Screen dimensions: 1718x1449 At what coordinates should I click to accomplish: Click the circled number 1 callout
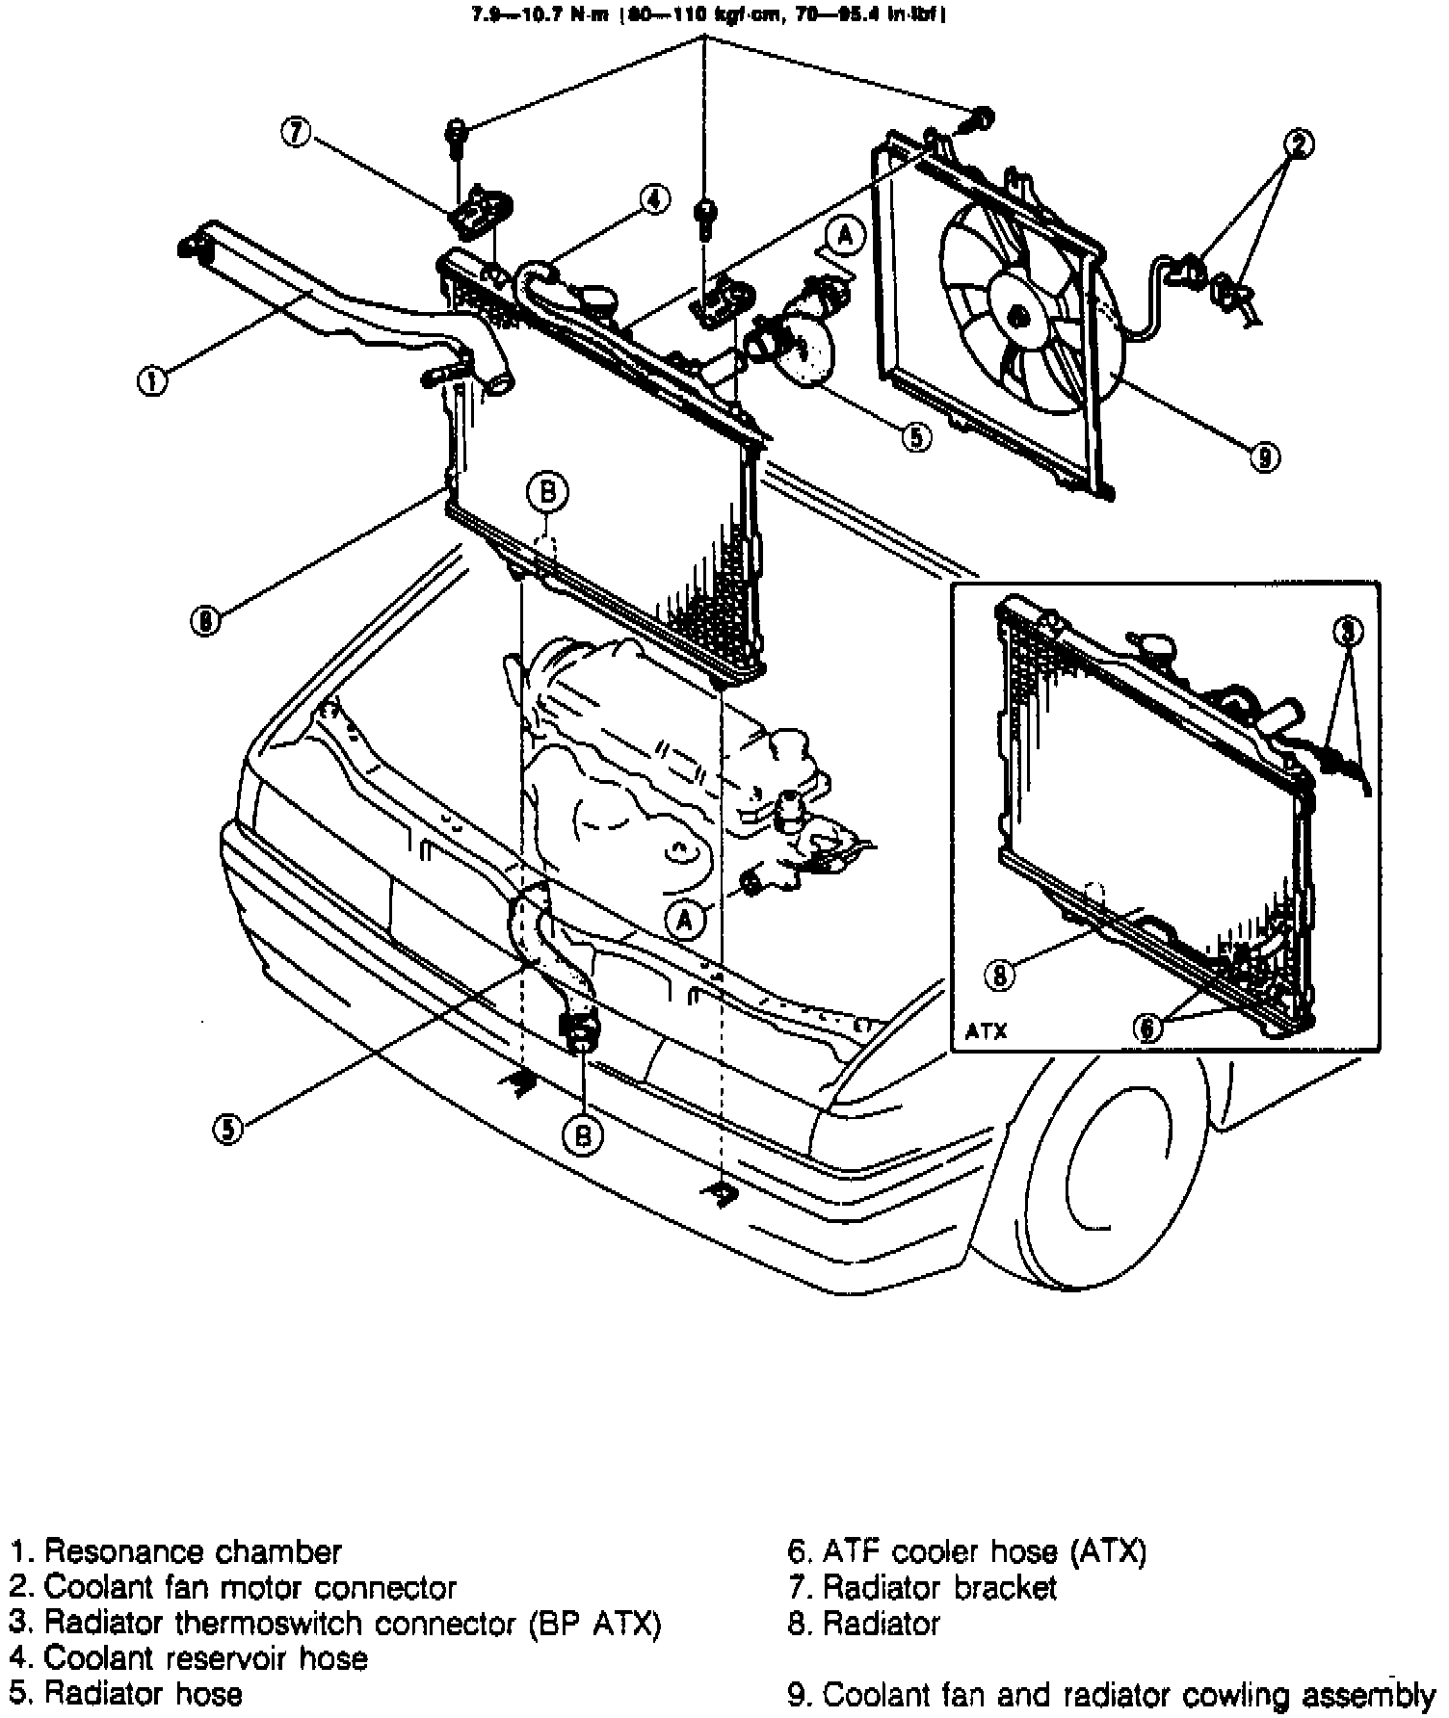point(151,381)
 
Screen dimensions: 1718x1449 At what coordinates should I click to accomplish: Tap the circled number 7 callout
point(297,132)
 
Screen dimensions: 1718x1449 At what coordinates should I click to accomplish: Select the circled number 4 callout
point(652,199)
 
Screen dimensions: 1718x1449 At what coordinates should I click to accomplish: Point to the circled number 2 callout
point(1298,144)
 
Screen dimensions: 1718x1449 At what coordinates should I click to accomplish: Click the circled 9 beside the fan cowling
point(1264,458)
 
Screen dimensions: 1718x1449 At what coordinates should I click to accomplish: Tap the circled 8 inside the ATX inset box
point(999,976)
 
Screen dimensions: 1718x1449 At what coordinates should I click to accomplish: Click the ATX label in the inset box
point(986,1031)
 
